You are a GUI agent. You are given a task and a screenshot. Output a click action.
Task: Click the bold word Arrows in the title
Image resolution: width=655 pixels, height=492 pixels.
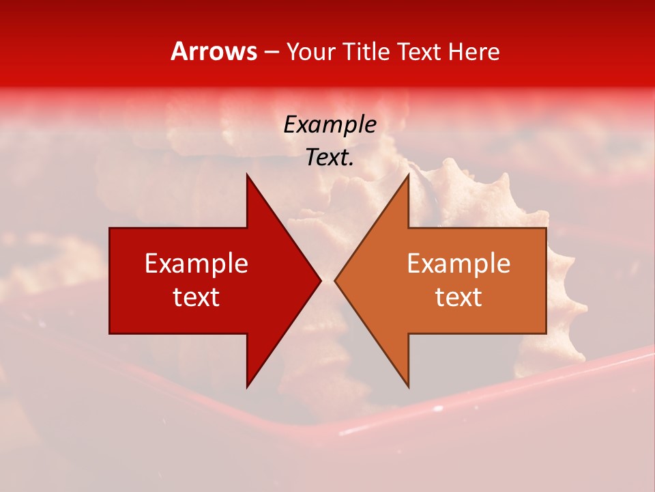point(214,52)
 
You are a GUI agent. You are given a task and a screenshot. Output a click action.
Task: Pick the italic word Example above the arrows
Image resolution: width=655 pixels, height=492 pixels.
point(330,124)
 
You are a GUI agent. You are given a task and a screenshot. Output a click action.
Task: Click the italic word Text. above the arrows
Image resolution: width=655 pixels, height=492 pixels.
point(330,158)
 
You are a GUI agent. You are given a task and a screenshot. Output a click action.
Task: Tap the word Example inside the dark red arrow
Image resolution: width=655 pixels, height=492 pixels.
point(196,264)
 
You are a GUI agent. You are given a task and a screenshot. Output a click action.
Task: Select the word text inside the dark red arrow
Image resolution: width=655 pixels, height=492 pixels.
point(196,297)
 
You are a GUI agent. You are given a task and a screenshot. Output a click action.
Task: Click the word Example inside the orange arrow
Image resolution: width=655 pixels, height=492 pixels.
point(458,264)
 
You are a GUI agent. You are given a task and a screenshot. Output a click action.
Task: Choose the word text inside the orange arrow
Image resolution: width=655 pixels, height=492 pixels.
point(458,297)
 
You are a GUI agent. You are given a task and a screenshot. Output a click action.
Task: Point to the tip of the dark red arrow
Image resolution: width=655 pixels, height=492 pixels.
point(320,280)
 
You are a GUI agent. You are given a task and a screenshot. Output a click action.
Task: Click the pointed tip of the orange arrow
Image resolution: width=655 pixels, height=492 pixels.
point(336,280)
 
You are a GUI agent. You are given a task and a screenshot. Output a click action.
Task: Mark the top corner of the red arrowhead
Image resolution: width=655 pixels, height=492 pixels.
point(247,175)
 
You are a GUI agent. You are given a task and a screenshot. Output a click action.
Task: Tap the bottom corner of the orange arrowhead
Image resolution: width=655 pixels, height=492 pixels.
point(408,386)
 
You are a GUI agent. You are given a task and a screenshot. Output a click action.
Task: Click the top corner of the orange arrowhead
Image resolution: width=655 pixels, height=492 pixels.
point(408,175)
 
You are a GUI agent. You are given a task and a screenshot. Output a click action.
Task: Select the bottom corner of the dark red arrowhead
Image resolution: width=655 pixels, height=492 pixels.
point(247,386)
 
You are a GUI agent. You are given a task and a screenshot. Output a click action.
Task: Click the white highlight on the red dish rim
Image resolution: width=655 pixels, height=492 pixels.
point(355,430)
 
